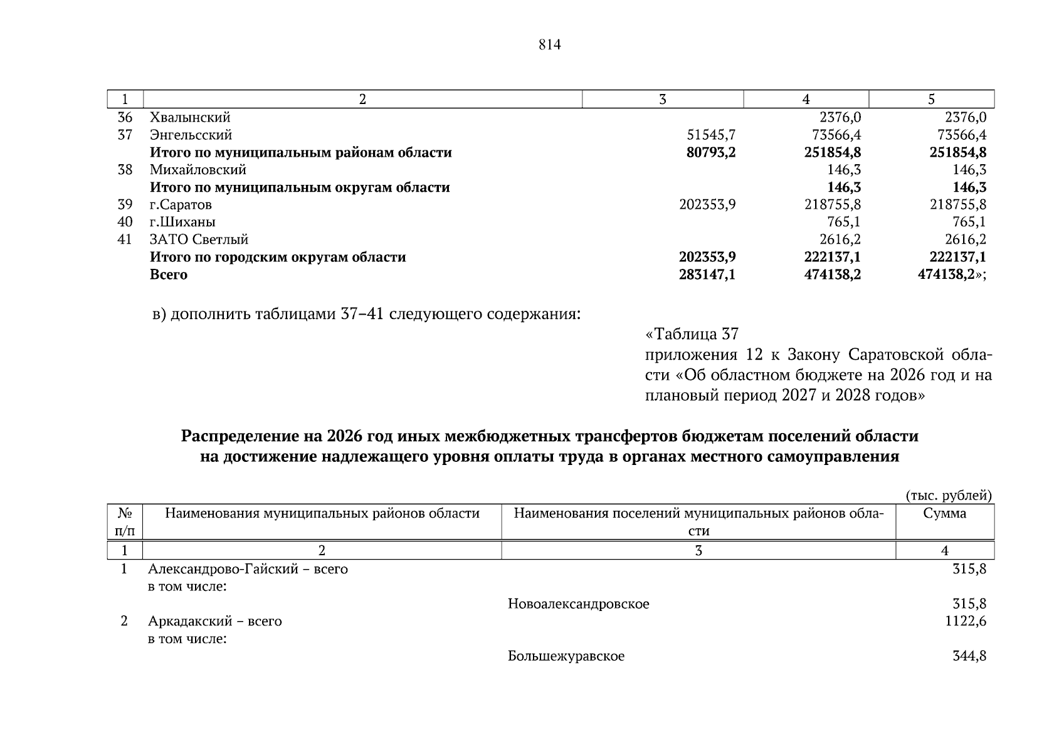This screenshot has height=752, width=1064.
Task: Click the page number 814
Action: click(x=549, y=45)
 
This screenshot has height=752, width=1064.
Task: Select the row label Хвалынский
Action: click(x=190, y=118)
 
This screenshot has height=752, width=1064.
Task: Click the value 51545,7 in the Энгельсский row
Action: click(x=707, y=135)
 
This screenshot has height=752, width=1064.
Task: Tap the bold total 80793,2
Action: click(x=707, y=153)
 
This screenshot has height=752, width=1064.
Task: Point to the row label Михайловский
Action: click(x=198, y=170)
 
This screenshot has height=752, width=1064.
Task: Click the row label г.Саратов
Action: click(x=181, y=205)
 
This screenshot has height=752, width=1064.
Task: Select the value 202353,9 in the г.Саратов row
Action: click(x=707, y=205)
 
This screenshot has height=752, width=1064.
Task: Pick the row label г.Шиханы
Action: click(x=182, y=222)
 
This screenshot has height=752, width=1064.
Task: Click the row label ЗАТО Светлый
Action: click(x=199, y=240)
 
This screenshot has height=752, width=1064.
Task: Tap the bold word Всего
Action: click(x=168, y=275)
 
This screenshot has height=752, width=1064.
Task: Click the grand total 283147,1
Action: click(x=707, y=275)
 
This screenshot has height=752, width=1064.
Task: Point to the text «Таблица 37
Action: click(x=692, y=334)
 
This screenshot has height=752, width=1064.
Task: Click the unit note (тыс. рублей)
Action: click(x=949, y=496)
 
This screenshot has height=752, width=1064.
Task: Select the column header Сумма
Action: click(x=945, y=514)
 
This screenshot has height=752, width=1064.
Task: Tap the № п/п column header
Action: click(x=125, y=522)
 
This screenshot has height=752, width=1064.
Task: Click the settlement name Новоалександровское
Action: click(x=578, y=604)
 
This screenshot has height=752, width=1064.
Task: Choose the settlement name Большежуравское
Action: click(x=566, y=657)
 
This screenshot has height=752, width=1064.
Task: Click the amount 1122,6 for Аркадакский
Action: click(x=966, y=622)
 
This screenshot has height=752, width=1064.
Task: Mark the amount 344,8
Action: click(x=969, y=657)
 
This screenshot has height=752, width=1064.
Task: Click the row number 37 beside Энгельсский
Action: click(x=125, y=135)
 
